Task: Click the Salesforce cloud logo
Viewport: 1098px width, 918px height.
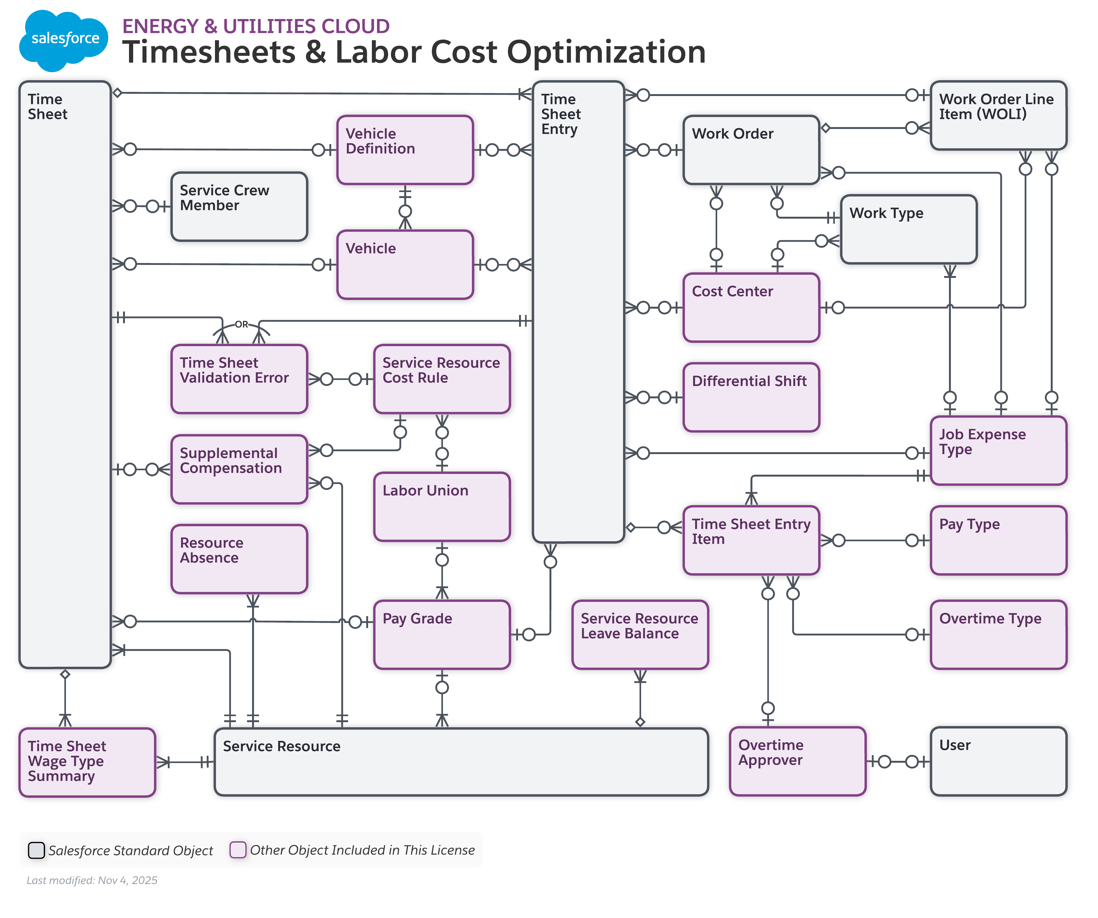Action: [64, 40]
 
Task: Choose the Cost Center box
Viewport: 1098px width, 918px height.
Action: [751, 308]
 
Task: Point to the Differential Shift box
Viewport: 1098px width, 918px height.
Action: [751, 398]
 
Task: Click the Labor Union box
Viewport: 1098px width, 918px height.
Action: [442, 507]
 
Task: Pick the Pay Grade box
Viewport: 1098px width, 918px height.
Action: [442, 635]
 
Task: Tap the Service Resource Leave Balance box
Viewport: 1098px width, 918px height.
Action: [640, 635]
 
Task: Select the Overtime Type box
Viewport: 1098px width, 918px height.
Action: [998, 635]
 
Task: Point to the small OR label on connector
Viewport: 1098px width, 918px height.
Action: [241, 324]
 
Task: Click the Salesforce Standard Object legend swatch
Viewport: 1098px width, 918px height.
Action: [36, 850]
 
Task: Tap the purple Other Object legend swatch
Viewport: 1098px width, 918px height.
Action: [238, 850]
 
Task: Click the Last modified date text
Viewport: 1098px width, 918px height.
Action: [92, 880]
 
